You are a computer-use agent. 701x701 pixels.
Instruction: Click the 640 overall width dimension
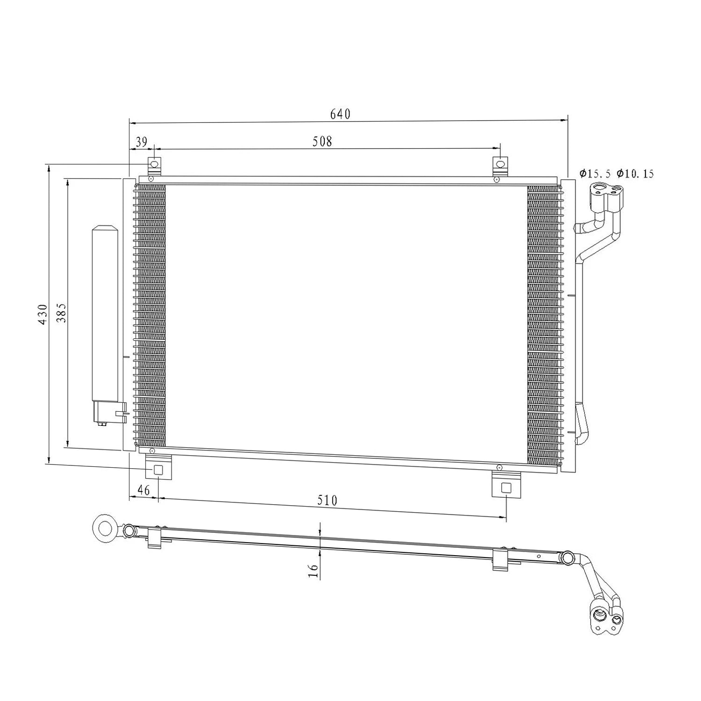[340, 114]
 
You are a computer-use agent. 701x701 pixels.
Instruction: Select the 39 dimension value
[142, 141]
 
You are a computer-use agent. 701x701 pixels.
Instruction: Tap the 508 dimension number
[322, 141]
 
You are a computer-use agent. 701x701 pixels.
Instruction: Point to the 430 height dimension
[43, 315]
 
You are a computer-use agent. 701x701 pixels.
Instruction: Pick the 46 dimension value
[143, 490]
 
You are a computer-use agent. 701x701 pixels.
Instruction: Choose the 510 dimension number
[327, 501]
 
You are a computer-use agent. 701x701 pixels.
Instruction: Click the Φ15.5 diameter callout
[595, 174]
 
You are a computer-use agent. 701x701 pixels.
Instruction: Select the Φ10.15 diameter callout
[635, 174]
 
